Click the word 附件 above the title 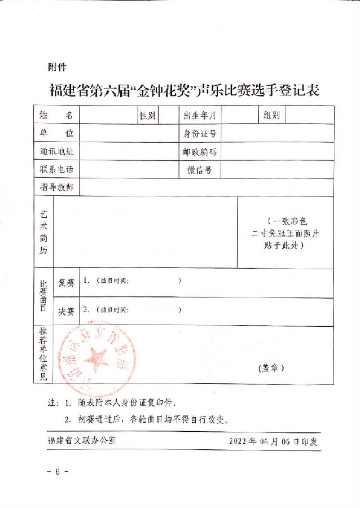click(x=58, y=67)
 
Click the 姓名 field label click(x=56, y=115)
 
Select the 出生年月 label click(x=199, y=116)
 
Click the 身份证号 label click(x=199, y=134)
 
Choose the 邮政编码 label click(x=199, y=152)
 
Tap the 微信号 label click(x=199, y=170)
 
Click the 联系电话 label click(x=56, y=169)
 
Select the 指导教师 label click(x=56, y=187)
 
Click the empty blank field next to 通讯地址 click(x=128, y=151)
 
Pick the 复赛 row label click(x=66, y=282)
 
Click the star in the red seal click(x=96, y=358)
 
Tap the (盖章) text click(x=271, y=367)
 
